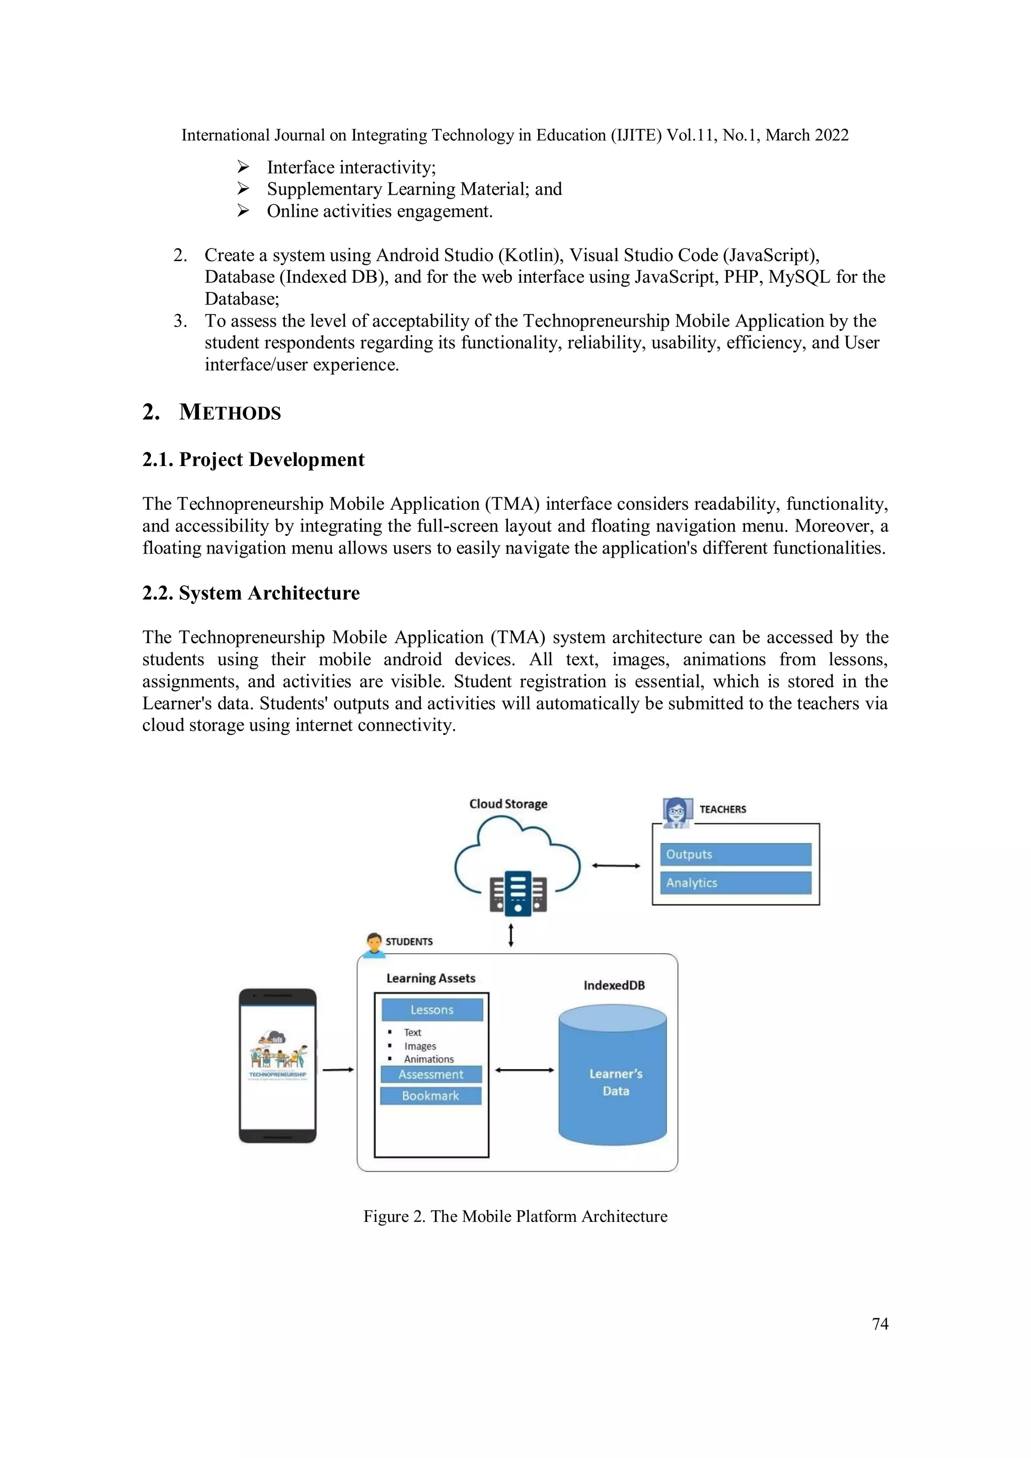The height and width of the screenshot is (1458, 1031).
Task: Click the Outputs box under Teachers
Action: click(735, 854)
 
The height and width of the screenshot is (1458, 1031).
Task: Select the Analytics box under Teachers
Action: click(735, 883)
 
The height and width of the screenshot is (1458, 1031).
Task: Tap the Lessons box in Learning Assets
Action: click(432, 1010)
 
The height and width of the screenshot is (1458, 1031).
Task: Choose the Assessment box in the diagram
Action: click(431, 1075)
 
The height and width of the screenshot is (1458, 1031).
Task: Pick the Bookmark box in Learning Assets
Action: click(431, 1096)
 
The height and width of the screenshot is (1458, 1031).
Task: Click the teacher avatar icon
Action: click(677, 812)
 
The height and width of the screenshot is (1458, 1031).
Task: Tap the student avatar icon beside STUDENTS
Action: click(374, 944)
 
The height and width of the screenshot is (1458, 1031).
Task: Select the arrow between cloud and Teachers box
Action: click(616, 866)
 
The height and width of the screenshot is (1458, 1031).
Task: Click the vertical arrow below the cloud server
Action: click(511, 935)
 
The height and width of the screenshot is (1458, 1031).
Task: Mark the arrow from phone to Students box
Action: click(338, 1070)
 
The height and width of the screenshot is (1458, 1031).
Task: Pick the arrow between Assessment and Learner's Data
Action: click(524, 1070)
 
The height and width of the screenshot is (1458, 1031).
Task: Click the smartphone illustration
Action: click(277, 1065)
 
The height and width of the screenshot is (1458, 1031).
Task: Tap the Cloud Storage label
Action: click(508, 804)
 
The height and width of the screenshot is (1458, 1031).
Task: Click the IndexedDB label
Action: click(614, 985)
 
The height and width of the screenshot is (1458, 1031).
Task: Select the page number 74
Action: click(880, 1324)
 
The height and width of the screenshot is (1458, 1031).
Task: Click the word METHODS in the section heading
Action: click(230, 413)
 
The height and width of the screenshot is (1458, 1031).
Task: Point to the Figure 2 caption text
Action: click(515, 1216)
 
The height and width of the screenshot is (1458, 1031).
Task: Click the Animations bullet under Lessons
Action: click(429, 1059)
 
